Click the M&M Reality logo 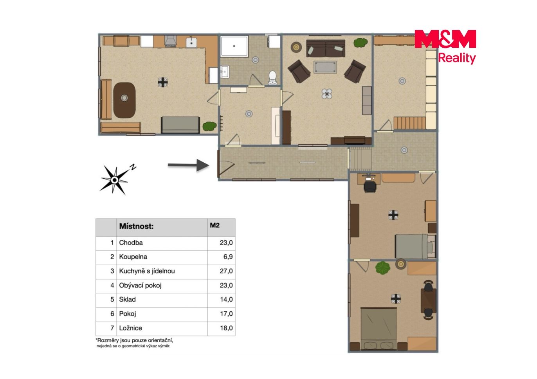click(x=445, y=47)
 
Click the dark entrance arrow click(x=188, y=165)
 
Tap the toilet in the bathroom click(x=272, y=77)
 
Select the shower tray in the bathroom click(x=234, y=46)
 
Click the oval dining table click(x=124, y=100)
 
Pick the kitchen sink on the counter click(x=191, y=43)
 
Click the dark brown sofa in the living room click(x=326, y=48)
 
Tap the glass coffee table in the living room click(x=325, y=67)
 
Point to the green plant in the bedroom click(x=383, y=268)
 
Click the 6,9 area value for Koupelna click(x=228, y=257)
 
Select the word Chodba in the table click(x=131, y=242)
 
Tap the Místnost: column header click(x=137, y=226)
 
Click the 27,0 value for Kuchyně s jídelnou click(x=226, y=271)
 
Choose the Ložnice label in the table click(x=130, y=328)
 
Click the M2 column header click(x=214, y=225)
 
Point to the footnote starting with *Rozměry click(x=134, y=343)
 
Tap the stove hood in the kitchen click(x=170, y=41)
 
